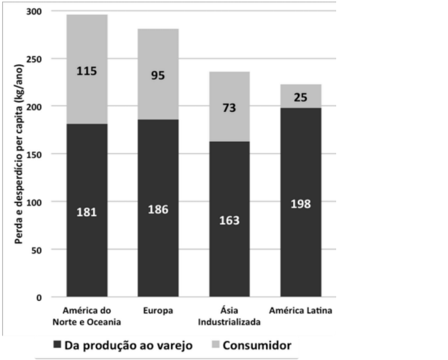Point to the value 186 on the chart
(x=158, y=209)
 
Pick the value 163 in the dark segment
(x=229, y=220)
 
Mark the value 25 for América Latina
(x=301, y=97)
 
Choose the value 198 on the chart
(x=301, y=204)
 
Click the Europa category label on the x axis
(x=158, y=311)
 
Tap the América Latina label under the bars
(x=301, y=311)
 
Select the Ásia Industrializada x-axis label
(x=229, y=316)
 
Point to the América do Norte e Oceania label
(x=87, y=316)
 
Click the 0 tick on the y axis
(x=39, y=297)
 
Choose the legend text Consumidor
(x=256, y=345)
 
